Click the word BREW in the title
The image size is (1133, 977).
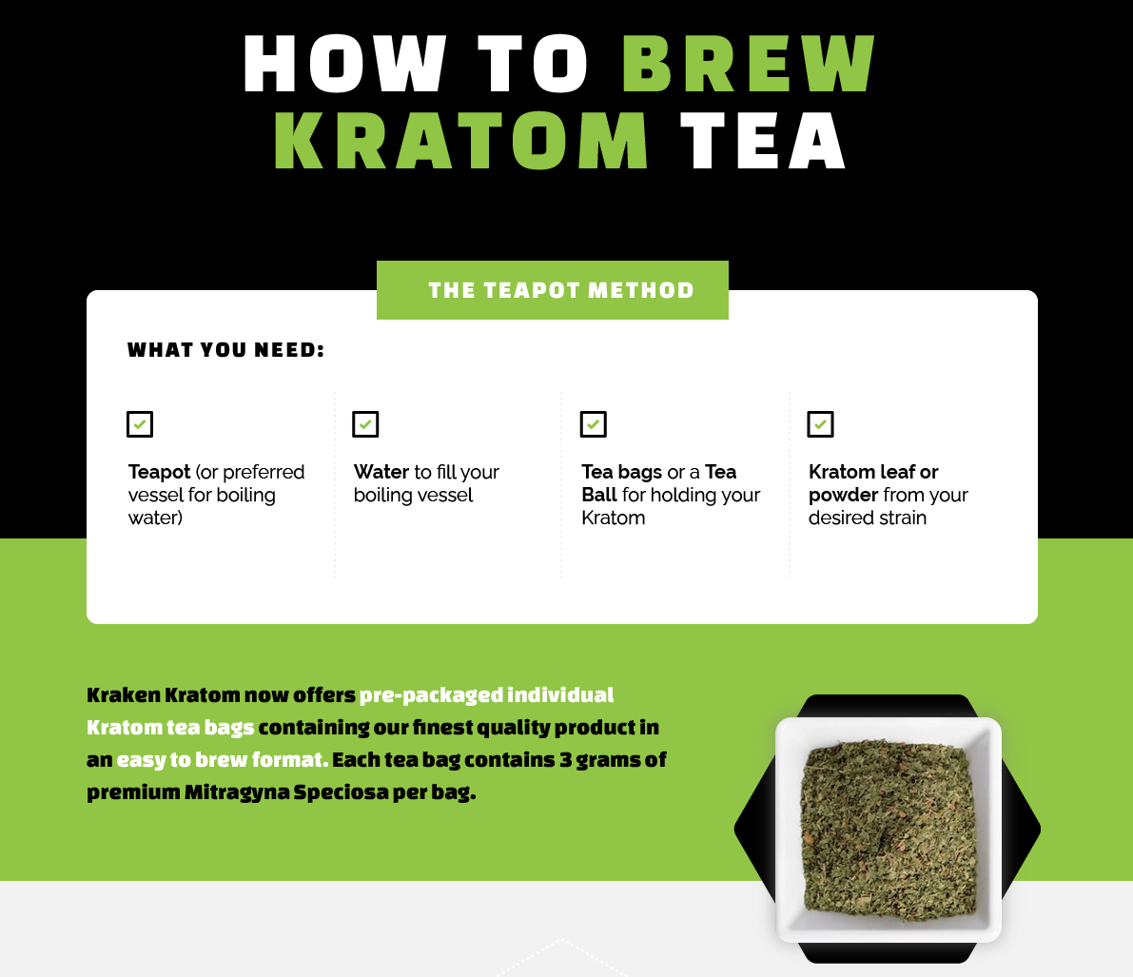(x=749, y=65)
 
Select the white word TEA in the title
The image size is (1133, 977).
(x=763, y=142)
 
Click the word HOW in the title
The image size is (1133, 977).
(x=344, y=65)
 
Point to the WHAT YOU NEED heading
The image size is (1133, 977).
(x=226, y=350)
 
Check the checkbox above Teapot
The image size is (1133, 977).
(x=140, y=424)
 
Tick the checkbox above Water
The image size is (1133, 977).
(x=365, y=424)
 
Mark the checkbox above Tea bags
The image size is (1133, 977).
(x=594, y=424)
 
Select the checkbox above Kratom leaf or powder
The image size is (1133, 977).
(x=820, y=424)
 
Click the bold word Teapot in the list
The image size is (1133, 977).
(x=160, y=472)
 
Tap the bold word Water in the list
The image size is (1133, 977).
(x=381, y=472)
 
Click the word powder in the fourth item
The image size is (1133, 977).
(x=843, y=496)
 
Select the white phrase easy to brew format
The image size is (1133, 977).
(x=222, y=760)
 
